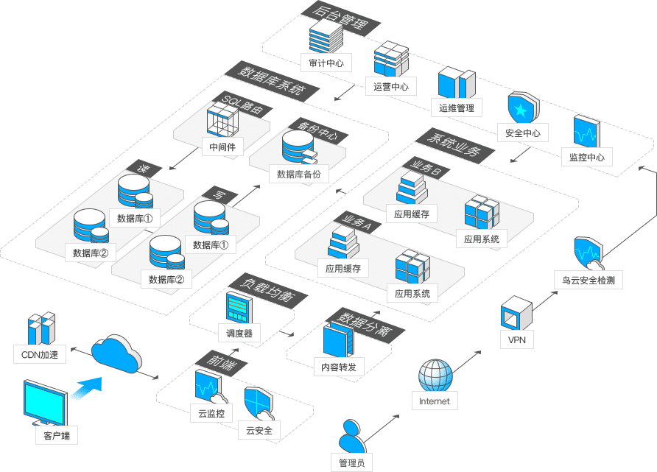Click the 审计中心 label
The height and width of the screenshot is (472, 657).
pos(326,63)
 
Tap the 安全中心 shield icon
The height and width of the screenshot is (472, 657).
pos(521,110)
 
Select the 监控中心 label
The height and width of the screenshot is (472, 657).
pos(587,157)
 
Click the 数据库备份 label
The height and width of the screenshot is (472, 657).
pos(303,175)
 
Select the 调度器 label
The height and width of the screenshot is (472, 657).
pos(239,333)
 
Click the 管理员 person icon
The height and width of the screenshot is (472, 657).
pos(351,439)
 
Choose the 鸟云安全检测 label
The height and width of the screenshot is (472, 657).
pos(589,281)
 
